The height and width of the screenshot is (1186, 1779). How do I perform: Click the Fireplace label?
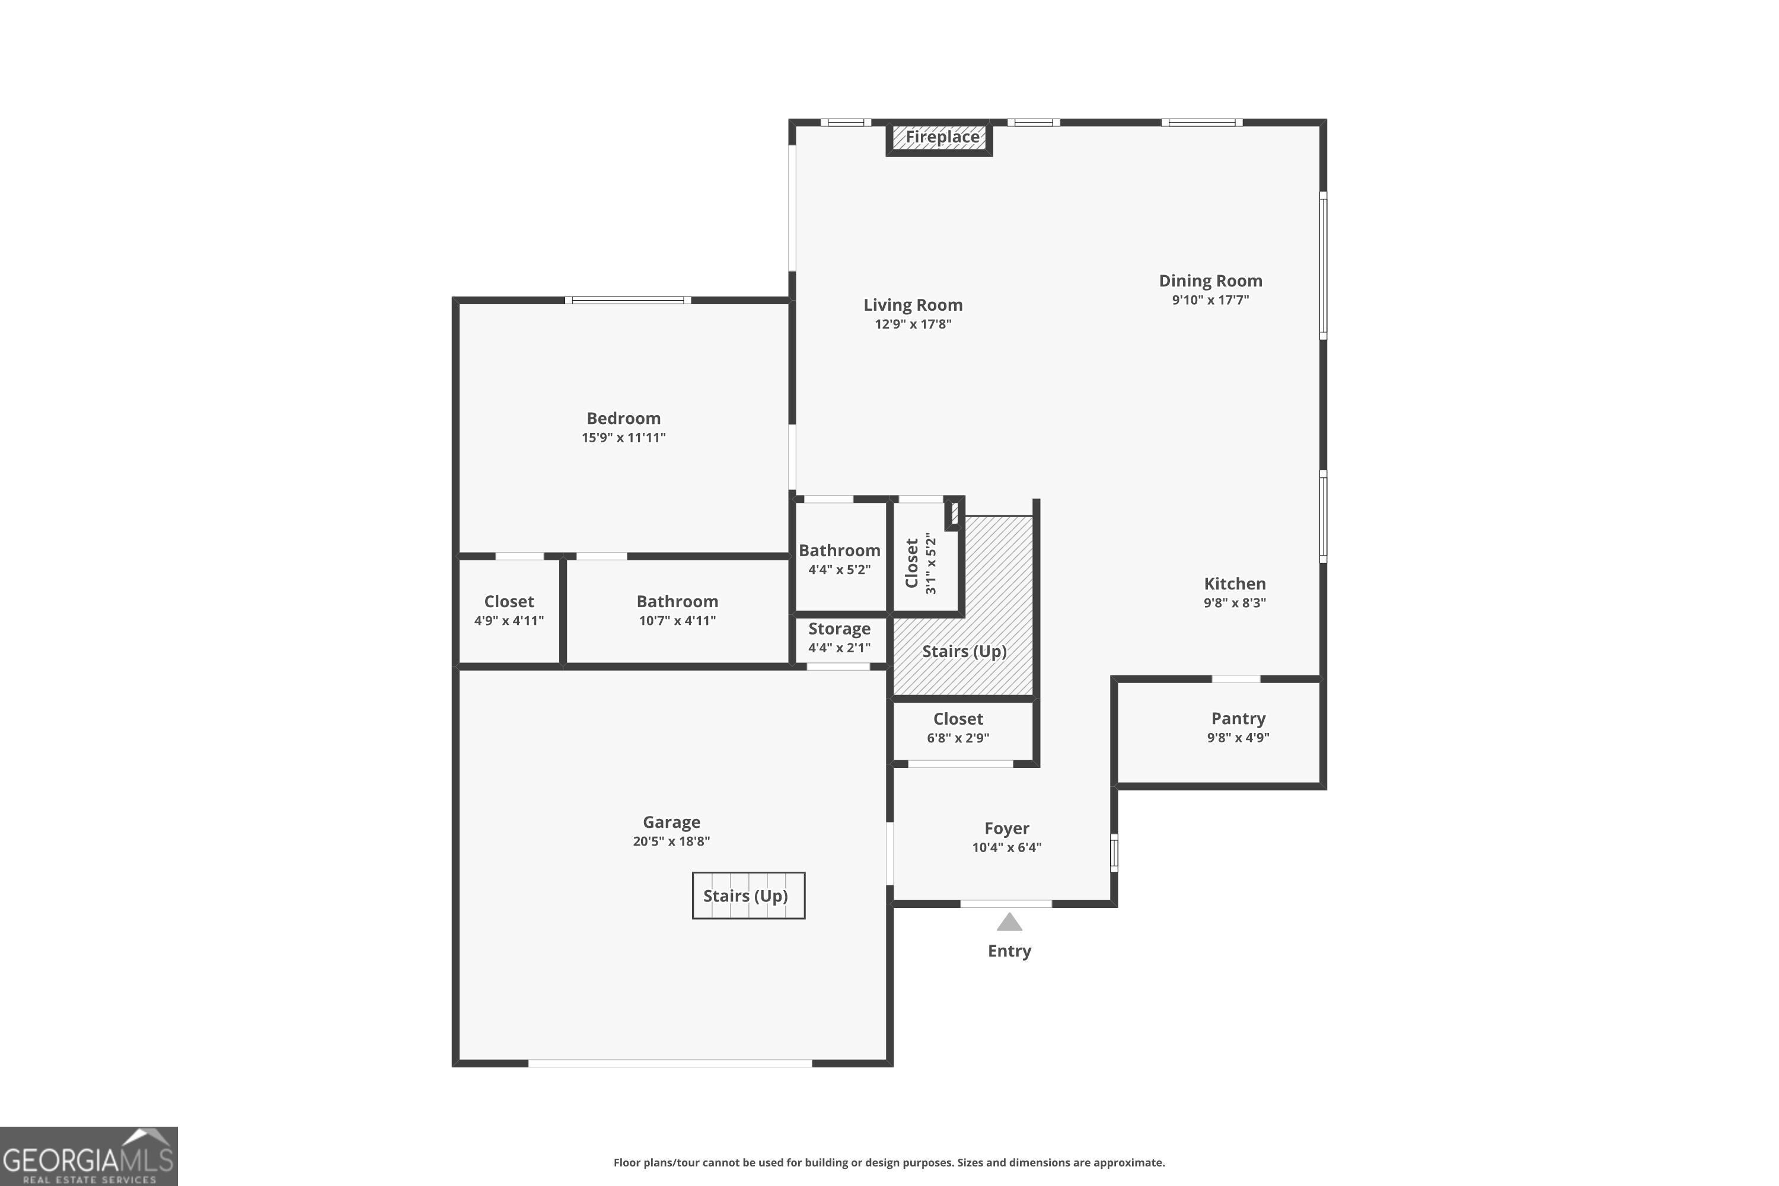pos(942,137)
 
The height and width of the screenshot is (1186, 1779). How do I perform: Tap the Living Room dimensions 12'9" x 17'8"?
pos(913,324)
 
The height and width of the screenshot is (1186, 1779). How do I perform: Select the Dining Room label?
pos(1210,280)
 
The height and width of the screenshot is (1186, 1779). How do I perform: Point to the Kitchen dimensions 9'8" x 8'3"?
pos(1235,603)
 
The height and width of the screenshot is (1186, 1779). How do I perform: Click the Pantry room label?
pos(1238,719)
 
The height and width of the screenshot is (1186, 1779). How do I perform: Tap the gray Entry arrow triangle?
pos(1009,923)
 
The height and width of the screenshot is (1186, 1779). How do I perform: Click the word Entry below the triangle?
pos(1009,951)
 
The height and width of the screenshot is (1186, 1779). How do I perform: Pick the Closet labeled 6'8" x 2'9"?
pos(958,727)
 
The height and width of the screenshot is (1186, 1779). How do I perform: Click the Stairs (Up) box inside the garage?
pos(748,896)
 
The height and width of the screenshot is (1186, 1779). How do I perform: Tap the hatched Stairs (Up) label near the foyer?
pos(964,651)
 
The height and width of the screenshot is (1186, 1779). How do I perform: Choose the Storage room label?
pos(839,629)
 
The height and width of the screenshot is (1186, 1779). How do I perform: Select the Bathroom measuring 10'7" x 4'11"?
pos(677,610)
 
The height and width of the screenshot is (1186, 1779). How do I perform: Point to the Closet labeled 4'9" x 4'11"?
pos(508,610)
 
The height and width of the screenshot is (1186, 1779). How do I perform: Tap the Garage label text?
pos(671,822)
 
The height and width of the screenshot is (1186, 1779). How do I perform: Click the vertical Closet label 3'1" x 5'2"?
pos(920,563)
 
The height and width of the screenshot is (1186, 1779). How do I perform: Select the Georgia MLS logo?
pos(88,1156)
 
